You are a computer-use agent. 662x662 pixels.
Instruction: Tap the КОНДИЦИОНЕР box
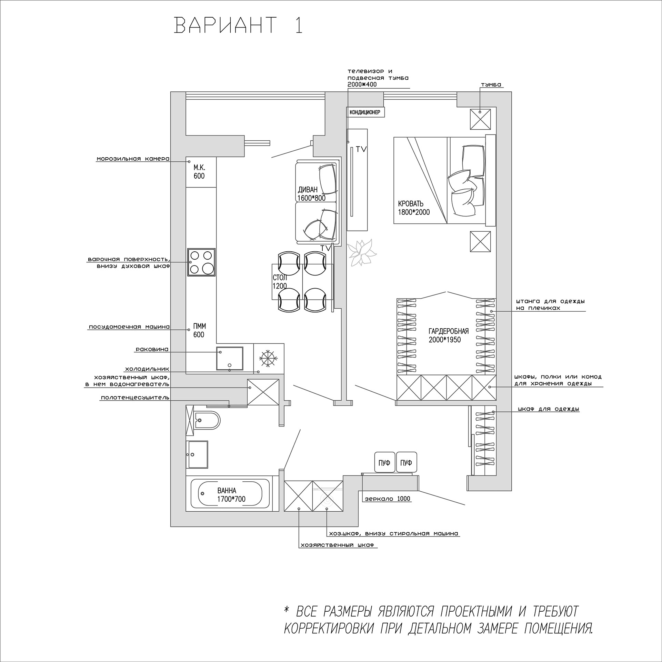pos(365,112)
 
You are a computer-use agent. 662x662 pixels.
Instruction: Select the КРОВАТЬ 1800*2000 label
pos(414,208)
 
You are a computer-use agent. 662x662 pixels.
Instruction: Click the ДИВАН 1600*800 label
pos(311,194)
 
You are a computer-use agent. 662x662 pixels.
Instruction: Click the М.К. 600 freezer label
pos(199,172)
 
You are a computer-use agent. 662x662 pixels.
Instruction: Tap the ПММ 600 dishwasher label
pos(199,330)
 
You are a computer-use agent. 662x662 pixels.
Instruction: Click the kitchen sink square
pos(229,358)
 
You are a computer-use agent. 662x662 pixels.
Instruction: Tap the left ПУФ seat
pos(384,463)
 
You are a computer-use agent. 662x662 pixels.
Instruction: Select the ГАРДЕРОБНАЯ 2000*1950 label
pos(448,335)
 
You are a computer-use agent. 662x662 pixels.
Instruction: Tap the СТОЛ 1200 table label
pos(279,281)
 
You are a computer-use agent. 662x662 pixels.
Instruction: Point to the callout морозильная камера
pos(133,159)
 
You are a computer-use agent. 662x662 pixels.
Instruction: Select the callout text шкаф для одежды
pos(548,409)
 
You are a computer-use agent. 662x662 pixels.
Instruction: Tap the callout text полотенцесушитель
pos(135,398)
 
